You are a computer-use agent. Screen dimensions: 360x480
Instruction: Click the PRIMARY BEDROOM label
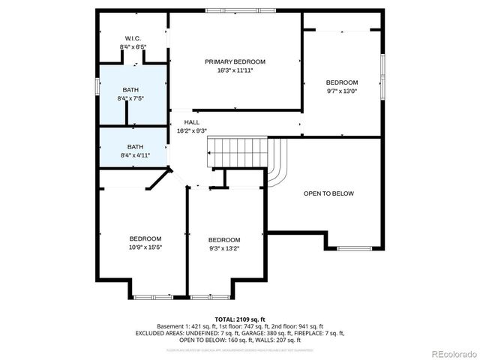point(235,61)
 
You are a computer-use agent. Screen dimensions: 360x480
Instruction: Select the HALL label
point(192,122)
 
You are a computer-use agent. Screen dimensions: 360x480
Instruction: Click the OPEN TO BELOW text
point(328,193)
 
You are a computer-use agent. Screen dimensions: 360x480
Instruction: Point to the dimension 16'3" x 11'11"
point(235,70)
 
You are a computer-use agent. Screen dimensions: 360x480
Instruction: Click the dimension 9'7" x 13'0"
point(341,91)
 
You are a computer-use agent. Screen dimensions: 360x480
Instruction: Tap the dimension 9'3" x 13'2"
point(224,247)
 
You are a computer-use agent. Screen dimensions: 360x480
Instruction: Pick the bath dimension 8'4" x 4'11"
point(135,155)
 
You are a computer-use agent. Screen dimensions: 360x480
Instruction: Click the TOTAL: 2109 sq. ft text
point(239,319)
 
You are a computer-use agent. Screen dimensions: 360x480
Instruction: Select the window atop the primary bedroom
point(234,10)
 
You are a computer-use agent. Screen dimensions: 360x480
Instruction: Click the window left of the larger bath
point(97,84)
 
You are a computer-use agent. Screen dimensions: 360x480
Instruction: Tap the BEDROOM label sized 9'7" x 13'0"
point(341,82)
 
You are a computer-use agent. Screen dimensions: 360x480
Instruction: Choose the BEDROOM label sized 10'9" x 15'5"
point(145,238)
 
